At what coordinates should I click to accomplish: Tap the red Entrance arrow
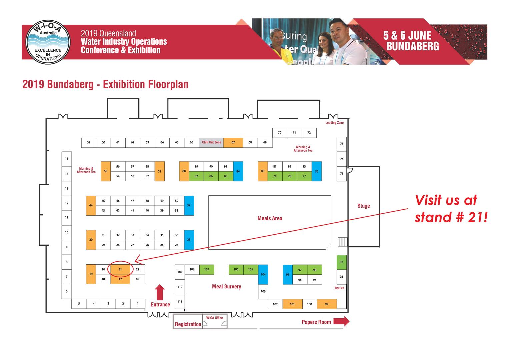(160, 292)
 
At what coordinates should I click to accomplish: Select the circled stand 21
(120, 269)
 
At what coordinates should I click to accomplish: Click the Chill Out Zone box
(211, 142)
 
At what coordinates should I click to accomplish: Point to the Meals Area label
(270, 218)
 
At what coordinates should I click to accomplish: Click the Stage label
(363, 206)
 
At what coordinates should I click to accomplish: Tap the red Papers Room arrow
(341, 321)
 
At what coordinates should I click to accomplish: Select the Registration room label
(188, 324)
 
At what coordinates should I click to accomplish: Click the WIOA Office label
(214, 318)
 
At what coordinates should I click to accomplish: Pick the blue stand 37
(189, 205)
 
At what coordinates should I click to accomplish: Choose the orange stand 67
(233, 142)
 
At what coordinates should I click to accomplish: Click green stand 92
(341, 262)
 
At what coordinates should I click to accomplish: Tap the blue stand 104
(263, 274)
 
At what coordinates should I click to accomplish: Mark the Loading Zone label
(334, 123)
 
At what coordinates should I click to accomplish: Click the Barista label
(339, 288)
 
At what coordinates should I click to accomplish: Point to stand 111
(180, 301)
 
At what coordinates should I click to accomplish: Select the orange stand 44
(91, 205)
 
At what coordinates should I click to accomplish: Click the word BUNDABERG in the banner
(412, 46)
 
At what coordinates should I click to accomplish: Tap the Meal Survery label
(226, 286)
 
